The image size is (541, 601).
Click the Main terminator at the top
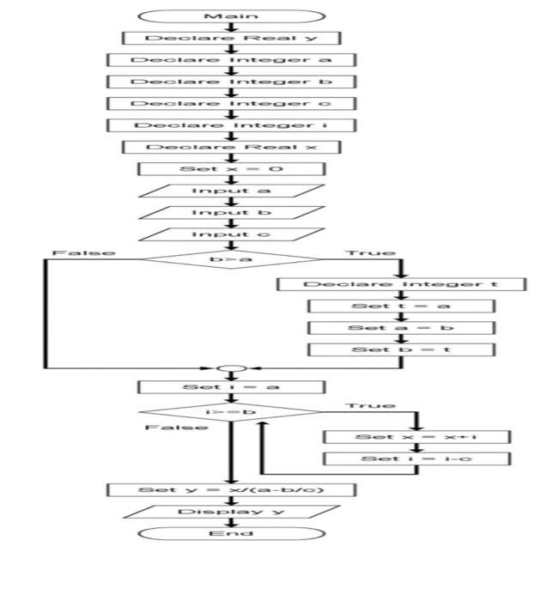point(231,16)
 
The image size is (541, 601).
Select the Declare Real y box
point(231,38)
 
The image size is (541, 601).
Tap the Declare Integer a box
point(231,60)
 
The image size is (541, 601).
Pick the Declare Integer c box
point(231,104)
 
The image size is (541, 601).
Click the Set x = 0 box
point(231,169)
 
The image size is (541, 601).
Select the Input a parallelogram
point(231,191)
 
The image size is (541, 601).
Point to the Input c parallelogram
point(231,234)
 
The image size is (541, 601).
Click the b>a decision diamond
point(231,257)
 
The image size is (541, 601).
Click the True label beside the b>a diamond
point(371,253)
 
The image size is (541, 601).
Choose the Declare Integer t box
point(401,284)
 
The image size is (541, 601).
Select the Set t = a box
point(401,306)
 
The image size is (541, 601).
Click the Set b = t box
point(401,349)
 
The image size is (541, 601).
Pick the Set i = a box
point(231,387)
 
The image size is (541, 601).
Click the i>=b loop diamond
point(231,411)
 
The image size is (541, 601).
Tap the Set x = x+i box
point(416,437)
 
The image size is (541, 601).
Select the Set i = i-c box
point(416,459)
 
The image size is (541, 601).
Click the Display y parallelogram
point(231,512)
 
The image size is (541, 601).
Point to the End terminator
point(231,533)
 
